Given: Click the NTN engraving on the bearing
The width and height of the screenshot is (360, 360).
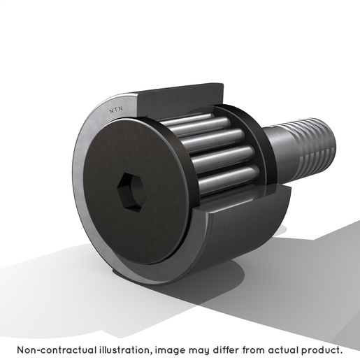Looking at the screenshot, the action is [116, 110].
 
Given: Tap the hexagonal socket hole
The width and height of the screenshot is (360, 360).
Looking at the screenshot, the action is [129, 190].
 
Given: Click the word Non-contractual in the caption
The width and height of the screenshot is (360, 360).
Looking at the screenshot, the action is [57, 350].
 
